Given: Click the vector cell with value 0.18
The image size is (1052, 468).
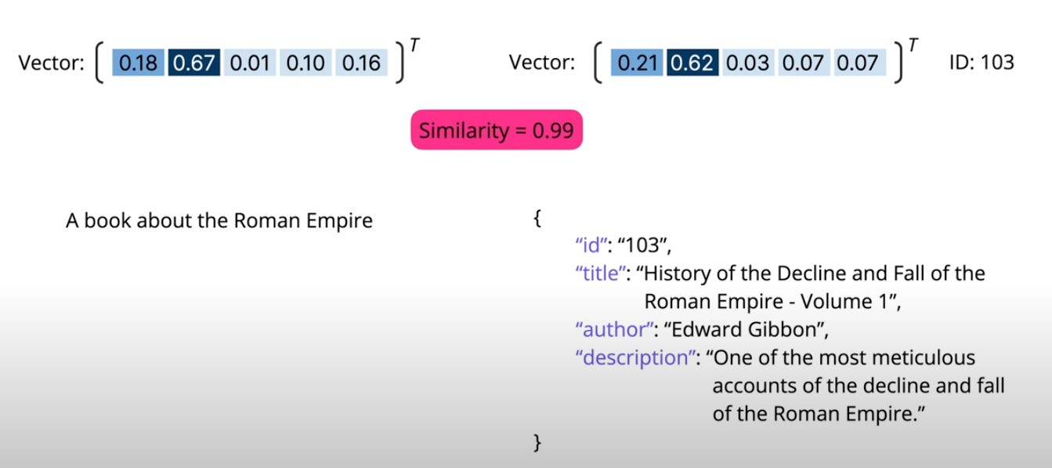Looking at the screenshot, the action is pos(139,63).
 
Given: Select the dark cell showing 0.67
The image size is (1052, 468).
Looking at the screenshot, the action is pos(193,63).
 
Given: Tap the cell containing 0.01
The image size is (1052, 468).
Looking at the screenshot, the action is pos(250,63).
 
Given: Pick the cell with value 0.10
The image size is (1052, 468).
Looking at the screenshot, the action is pos(305,63).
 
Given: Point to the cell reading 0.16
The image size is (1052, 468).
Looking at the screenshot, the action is pos(361,63).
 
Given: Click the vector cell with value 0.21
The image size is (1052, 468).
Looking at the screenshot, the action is pos(637,63).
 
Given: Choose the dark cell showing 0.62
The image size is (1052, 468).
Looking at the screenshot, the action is pos(692,63).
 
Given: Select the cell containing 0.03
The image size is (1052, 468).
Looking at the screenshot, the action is pos(747,63).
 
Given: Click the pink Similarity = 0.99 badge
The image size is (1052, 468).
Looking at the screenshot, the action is pos(497,130).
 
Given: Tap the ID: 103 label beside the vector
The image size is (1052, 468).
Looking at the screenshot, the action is pos(982,62).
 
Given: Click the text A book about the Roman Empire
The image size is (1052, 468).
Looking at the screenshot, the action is pos(219,221).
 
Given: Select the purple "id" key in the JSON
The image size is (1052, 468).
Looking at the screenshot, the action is pos(593,246).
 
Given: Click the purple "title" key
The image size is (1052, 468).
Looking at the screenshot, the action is pos(602,274).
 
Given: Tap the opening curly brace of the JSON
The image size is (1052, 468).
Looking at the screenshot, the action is pos(537,219).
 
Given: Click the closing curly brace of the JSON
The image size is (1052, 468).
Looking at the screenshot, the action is pos(537,443).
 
